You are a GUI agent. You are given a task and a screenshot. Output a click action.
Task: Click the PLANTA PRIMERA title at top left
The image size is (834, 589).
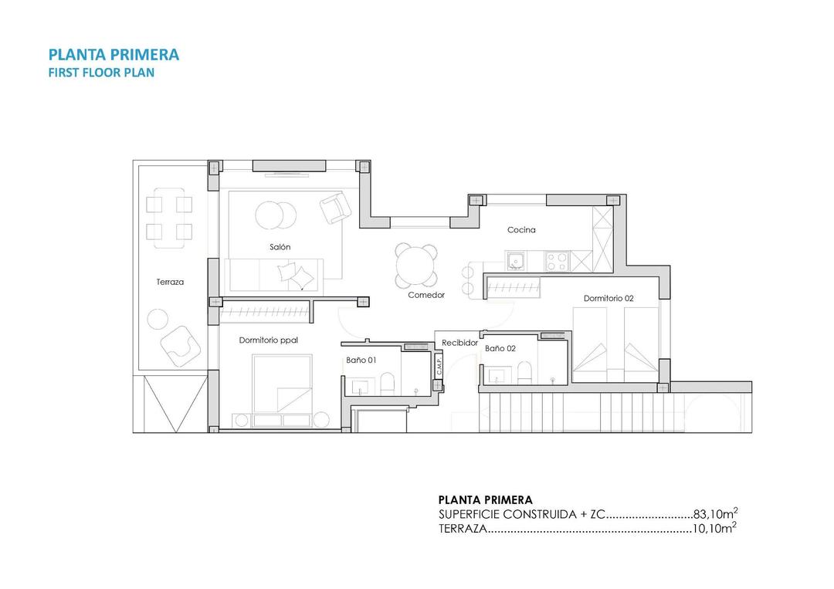click(114, 54)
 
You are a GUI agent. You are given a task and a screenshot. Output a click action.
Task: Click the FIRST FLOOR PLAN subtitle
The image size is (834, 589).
click(101, 73)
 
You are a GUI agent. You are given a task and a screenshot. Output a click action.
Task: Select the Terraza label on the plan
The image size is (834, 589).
click(170, 282)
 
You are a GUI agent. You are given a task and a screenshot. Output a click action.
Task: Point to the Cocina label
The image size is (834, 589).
click(521, 230)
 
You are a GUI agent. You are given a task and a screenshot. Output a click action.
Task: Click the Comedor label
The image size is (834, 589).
click(426, 295)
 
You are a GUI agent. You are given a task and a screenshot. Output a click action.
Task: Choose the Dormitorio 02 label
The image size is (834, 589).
click(609, 298)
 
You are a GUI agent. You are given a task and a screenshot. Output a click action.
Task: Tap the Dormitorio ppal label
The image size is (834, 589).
click(268, 340)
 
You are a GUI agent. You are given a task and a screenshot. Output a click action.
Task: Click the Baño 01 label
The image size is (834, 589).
click(361, 360)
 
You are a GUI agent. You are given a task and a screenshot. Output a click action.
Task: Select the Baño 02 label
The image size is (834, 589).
click(500, 348)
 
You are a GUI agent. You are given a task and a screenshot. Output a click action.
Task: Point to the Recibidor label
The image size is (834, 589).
click(459, 342)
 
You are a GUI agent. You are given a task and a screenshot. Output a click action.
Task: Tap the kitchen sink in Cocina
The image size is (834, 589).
click(516, 261)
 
